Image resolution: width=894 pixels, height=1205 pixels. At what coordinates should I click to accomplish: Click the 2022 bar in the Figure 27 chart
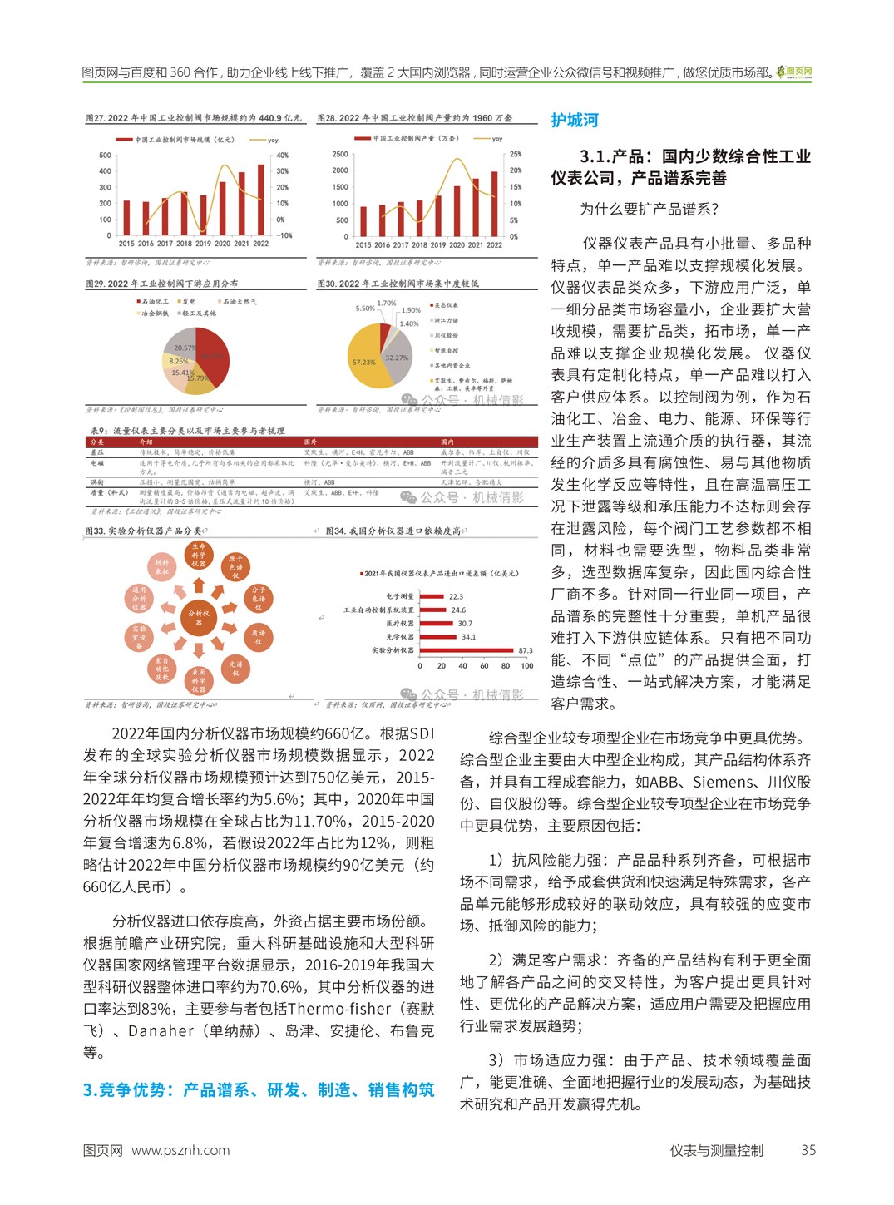point(260,200)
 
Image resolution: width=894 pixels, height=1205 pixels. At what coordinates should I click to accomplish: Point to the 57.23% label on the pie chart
point(363,363)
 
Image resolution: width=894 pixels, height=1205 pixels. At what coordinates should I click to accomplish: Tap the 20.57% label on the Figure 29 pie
point(185,348)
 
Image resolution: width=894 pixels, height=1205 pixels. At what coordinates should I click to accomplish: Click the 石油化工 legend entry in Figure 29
point(152,302)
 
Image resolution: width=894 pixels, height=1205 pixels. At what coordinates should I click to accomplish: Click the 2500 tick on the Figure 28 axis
point(340,154)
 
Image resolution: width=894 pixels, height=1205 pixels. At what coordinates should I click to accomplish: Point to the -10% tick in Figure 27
point(284,235)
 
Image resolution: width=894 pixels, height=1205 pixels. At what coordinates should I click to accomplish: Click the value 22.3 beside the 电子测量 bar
point(456,597)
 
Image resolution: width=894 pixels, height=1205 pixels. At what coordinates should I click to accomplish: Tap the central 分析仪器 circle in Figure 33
point(199,617)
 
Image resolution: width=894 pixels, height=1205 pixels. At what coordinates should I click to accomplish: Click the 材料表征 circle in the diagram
point(161,568)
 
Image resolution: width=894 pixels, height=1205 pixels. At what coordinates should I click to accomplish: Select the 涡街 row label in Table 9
point(97,482)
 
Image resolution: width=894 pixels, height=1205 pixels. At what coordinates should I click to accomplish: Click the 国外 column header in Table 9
point(311,442)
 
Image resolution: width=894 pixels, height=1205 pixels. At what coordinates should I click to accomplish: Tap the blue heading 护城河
point(575,121)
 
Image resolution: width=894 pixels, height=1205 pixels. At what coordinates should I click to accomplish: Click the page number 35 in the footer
point(808,1151)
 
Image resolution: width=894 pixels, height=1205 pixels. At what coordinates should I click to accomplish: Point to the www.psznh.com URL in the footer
point(180,1151)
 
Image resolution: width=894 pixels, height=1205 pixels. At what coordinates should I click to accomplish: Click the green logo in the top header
point(795,72)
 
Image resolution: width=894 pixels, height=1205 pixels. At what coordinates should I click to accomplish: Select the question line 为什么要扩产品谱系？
point(649,210)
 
